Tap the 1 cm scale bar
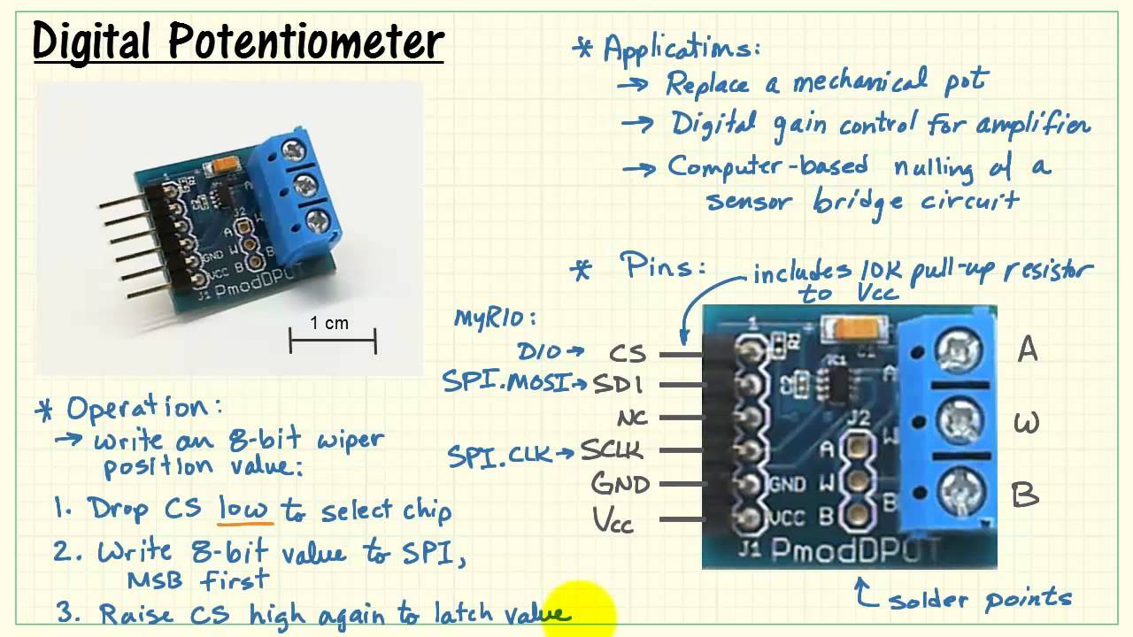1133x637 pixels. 333,341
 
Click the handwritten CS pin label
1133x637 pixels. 628,354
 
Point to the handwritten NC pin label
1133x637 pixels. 632,417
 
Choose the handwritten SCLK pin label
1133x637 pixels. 612,451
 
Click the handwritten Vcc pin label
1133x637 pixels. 613,520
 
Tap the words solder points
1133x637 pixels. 979,600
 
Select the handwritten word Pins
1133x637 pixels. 662,266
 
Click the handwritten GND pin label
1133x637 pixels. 620,484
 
